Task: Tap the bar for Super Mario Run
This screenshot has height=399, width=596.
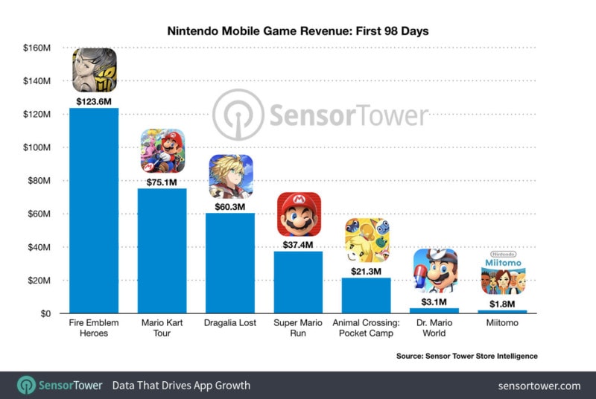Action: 298,282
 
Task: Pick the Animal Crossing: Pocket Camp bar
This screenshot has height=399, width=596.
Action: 367,296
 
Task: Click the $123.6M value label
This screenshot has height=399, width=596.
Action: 94,100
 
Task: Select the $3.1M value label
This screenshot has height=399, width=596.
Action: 435,301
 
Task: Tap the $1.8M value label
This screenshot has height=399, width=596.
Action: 503,303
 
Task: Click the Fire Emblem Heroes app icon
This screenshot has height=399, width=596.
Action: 94,70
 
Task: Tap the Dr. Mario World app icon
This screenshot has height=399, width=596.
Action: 435,271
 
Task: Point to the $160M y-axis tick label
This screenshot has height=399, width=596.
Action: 36,48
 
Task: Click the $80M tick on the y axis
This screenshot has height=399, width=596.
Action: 38,181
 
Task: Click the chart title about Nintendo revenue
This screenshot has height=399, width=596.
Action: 297,32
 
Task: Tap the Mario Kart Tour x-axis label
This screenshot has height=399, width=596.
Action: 162,328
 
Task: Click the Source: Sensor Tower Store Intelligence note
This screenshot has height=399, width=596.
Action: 466,357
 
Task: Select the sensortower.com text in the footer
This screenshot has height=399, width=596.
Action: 540,386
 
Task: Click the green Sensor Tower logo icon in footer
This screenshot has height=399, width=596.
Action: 27,386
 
